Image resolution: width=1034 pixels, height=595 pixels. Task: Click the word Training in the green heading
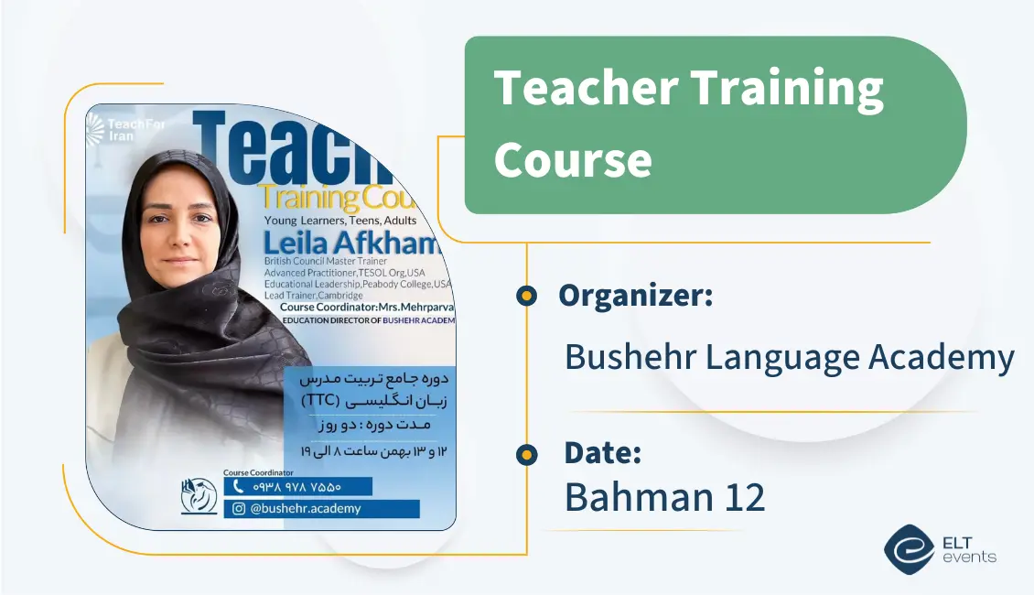click(x=786, y=90)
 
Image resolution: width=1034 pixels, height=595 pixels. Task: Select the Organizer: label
click(x=635, y=295)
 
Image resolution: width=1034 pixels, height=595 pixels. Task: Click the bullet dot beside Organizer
click(x=526, y=296)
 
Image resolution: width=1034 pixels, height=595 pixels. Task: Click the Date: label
click(x=602, y=453)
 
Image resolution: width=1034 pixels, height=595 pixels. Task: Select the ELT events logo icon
click(x=909, y=548)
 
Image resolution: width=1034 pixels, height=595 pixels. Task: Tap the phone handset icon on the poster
click(x=240, y=487)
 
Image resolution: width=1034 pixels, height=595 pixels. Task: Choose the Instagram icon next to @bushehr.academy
click(x=239, y=509)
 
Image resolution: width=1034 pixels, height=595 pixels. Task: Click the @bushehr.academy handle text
click(x=307, y=509)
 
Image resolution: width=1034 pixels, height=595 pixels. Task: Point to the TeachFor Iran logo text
click(x=128, y=130)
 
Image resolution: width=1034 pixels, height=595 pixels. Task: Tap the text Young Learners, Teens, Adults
click(x=339, y=221)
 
